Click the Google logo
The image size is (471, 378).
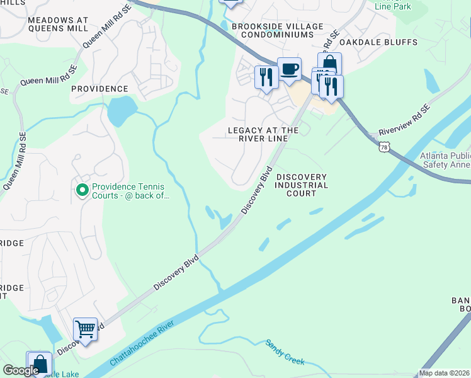21,370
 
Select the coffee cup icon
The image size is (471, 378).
289,69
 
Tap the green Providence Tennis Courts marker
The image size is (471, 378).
82,190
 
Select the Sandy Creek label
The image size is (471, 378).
285,352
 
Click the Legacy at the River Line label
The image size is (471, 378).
263,134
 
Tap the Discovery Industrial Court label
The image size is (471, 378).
302,185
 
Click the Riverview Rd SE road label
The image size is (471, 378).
404,122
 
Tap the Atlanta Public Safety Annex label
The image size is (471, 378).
438,160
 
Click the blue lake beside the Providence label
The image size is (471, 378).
122,111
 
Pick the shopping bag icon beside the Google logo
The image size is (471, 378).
39,364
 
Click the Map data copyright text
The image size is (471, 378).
445,373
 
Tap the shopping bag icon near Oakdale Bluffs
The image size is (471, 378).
329,64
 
